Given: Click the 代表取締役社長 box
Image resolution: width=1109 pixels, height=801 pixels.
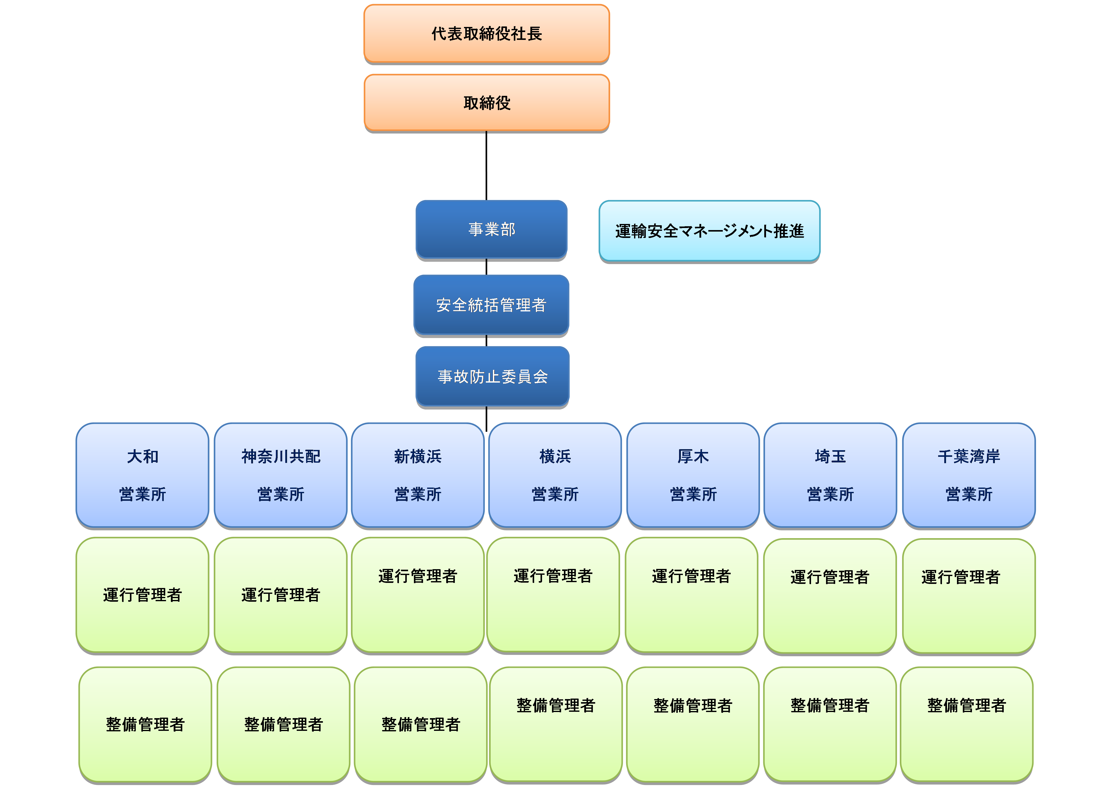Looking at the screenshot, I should [x=487, y=33].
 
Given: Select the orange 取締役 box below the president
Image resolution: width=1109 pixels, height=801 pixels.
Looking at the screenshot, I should [x=487, y=103].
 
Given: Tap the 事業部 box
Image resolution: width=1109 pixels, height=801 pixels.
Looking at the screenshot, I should [x=491, y=229].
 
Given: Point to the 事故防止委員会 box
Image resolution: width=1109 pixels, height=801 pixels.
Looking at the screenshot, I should [x=492, y=376].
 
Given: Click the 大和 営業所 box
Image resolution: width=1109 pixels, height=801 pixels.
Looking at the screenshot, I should [x=142, y=475].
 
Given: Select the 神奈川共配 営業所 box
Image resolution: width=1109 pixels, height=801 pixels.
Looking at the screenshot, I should [x=281, y=475].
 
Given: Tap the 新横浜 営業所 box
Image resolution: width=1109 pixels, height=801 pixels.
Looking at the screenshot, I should [x=417, y=475].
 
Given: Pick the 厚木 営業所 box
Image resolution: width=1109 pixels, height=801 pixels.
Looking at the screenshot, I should [x=693, y=475].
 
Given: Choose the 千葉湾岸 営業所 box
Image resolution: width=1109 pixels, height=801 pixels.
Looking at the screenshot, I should [x=969, y=475].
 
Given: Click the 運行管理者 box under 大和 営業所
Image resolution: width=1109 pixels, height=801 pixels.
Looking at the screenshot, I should [x=142, y=595].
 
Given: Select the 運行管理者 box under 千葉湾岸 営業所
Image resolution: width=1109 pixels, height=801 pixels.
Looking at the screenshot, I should [x=969, y=596].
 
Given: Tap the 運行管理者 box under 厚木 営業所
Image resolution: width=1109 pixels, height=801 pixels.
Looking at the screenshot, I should [x=692, y=595].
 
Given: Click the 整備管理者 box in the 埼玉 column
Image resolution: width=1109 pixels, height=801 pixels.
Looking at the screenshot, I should [x=830, y=724].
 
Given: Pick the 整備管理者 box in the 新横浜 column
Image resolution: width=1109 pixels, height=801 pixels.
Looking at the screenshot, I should [x=421, y=724].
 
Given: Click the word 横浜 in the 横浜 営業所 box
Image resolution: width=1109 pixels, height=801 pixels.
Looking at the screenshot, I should [x=555, y=456].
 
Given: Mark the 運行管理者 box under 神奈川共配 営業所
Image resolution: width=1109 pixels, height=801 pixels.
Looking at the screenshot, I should [x=281, y=595].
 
